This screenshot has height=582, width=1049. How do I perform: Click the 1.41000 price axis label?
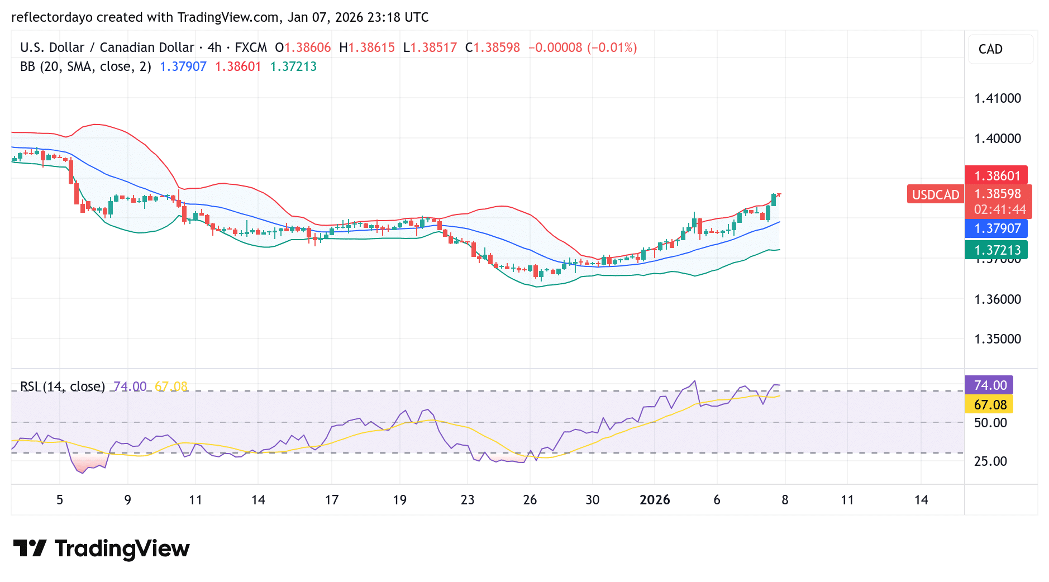click(x=997, y=99)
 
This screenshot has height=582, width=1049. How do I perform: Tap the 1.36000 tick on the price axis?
click(x=997, y=299)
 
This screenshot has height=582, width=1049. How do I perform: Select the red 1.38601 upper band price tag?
click(x=996, y=176)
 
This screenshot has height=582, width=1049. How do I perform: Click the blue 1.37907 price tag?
click(x=996, y=228)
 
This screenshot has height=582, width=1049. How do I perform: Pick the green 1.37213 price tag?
click(x=996, y=250)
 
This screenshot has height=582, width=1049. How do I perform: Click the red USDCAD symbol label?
click(x=935, y=194)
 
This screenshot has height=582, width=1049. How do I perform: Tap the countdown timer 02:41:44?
click(x=999, y=210)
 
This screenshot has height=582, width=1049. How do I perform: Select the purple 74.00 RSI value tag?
click(x=990, y=385)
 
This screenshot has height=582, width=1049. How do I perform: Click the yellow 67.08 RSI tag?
click(x=990, y=405)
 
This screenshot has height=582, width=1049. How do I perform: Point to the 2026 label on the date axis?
click(x=655, y=500)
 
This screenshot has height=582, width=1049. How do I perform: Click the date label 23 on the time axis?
click(x=467, y=500)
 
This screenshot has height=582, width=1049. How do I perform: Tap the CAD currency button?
click(x=990, y=49)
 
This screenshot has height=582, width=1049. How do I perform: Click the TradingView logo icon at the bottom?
click(x=30, y=548)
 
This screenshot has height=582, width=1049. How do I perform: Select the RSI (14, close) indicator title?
click(x=62, y=387)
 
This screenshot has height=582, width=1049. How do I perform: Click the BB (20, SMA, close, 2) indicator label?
click(x=85, y=66)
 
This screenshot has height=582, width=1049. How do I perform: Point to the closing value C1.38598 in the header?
click(x=492, y=47)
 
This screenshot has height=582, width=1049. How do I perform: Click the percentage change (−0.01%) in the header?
click(x=612, y=47)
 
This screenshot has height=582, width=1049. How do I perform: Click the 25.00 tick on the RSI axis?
click(x=990, y=461)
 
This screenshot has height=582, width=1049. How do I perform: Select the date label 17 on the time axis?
click(x=331, y=500)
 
